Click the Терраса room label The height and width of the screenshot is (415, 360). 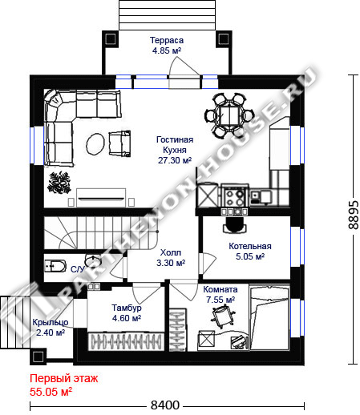(167, 40)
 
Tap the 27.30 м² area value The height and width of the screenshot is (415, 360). (175, 160)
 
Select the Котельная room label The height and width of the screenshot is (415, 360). (250, 246)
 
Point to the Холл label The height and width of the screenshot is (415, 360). (171, 252)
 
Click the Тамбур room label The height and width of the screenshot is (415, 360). (127, 308)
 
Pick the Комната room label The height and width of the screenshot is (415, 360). (220, 289)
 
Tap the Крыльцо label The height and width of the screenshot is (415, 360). (51, 322)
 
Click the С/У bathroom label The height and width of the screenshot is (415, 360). (78, 269)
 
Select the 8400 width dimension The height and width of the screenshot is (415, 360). (165, 405)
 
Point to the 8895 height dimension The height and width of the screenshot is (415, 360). (354, 215)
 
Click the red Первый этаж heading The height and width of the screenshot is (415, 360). (64, 378)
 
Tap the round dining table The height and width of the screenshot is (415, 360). (229, 115)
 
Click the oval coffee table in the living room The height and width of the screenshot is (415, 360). (95, 144)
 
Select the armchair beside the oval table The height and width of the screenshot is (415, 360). (119, 143)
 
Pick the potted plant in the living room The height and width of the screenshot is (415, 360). (59, 183)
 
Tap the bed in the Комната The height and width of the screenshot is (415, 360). (269, 317)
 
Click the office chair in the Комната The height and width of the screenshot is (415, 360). (223, 316)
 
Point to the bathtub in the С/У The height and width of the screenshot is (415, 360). (55, 266)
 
